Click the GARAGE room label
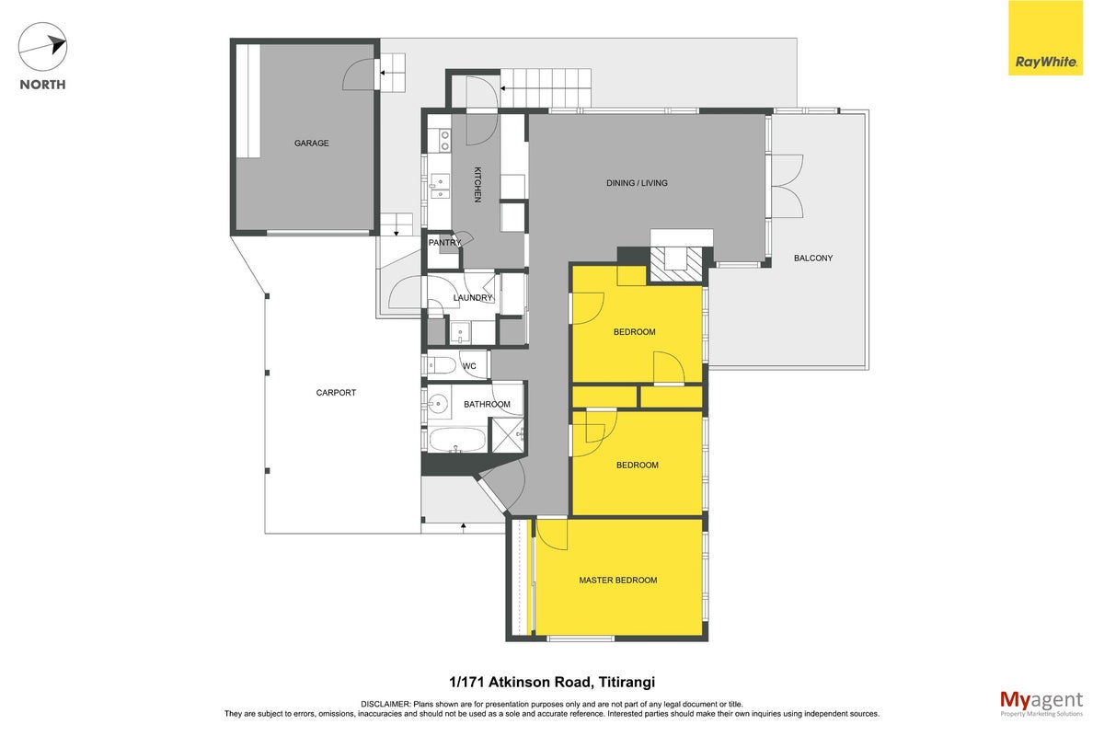point(312,143)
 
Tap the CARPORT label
point(336,393)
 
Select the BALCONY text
point(813,258)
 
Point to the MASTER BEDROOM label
point(618,581)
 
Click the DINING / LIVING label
point(637,183)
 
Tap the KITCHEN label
point(477,185)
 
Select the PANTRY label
point(444,243)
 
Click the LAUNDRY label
point(473,298)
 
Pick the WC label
point(469,366)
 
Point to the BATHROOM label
point(487,404)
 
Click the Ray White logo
point(1045,38)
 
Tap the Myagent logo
point(1041,704)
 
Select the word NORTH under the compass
point(43,85)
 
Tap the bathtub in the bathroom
point(457,439)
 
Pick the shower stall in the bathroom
point(508,435)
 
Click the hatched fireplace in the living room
point(675,264)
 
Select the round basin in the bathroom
point(437,404)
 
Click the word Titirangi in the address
point(627,683)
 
